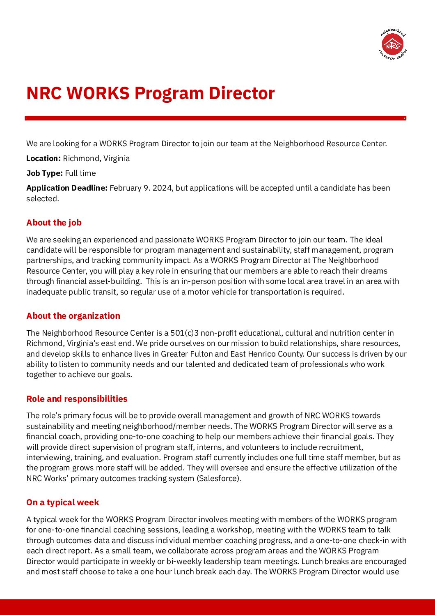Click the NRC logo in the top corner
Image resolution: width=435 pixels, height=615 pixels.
[x=393, y=44]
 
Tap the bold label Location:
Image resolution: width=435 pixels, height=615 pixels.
[x=43, y=159]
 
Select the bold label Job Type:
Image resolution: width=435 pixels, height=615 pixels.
[x=44, y=173]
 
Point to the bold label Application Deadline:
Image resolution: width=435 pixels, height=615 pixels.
[x=67, y=188]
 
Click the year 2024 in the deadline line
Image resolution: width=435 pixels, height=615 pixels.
[x=163, y=188]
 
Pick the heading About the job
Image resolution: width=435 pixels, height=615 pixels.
[x=54, y=223]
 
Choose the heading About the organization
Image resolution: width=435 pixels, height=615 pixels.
[x=73, y=316]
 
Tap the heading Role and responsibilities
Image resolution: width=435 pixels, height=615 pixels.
[x=77, y=399]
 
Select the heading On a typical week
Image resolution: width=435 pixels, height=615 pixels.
[x=62, y=502]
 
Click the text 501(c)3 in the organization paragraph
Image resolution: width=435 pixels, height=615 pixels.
[x=185, y=333]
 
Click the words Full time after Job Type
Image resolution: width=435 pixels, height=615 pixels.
[x=80, y=173]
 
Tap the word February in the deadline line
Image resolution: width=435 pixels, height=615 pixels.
[x=126, y=188]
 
